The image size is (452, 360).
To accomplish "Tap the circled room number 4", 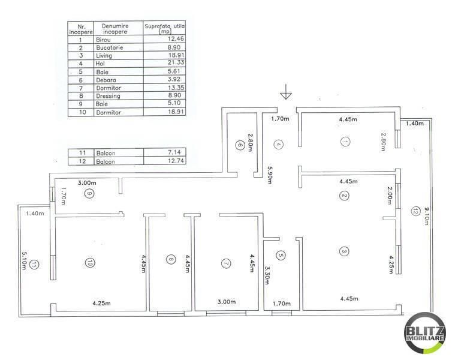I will [x=278, y=144].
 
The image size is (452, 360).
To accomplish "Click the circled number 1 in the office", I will [x=345, y=142].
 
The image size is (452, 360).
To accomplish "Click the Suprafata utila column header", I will [x=163, y=28].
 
